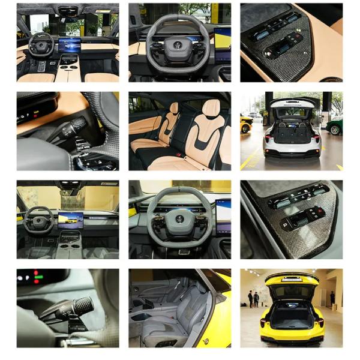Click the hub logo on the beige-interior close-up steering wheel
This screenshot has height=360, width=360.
click(178, 43)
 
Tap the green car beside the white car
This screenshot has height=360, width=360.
click(335, 127)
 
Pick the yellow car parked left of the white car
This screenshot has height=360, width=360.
click(246, 124)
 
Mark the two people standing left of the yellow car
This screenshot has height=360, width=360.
click(253, 298)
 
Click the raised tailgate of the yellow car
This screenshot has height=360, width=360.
click(292, 279)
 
